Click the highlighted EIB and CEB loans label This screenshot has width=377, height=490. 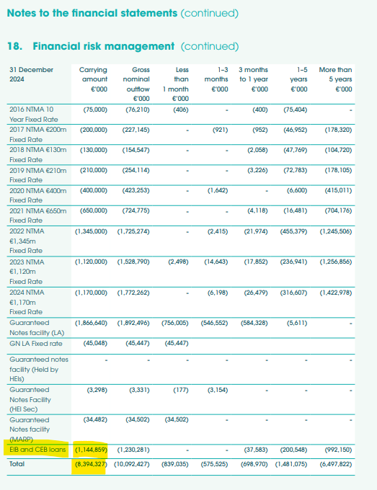tap(37, 450)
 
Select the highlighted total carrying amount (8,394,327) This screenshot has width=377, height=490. tap(91, 464)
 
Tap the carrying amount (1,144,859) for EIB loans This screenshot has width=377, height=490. tap(92, 450)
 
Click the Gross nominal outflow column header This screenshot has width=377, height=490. tap(136, 84)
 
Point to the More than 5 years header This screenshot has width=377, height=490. tap(335, 79)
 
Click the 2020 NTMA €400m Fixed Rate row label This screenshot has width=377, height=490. tap(37, 195)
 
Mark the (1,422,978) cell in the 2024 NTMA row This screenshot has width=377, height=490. tap(335, 293)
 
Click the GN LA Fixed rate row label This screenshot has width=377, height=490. tap(35, 344)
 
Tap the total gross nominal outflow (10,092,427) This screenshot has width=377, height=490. tap(132, 464)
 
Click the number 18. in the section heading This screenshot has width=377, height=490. tap(14, 46)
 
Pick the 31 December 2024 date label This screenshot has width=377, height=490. tap(31, 74)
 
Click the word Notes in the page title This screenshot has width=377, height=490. tap(22, 13)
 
